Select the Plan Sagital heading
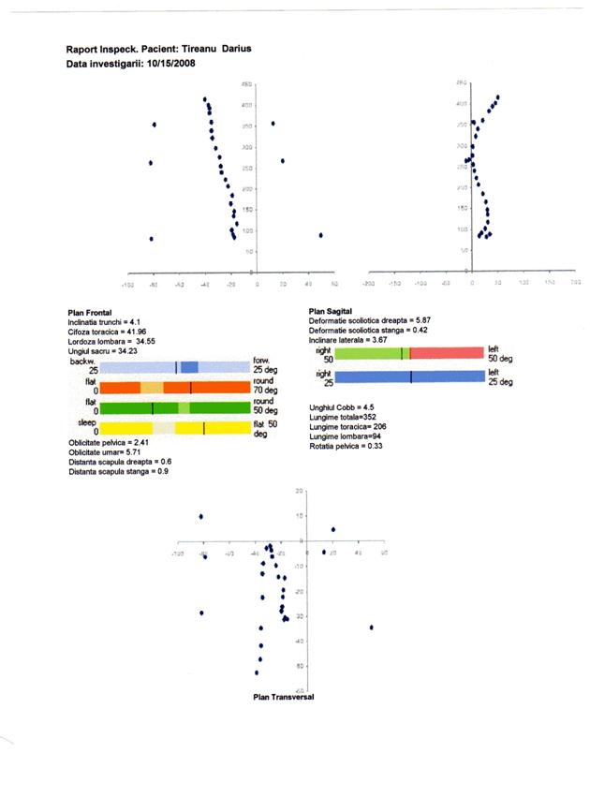click(x=332, y=310)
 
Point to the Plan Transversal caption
click(x=284, y=698)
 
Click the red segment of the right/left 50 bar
click(x=445, y=353)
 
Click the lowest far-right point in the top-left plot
click(x=320, y=235)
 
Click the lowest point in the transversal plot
click(x=256, y=672)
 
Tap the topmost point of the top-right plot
click(x=498, y=96)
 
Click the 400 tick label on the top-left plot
click(x=245, y=105)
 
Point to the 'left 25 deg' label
click(x=496, y=377)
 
